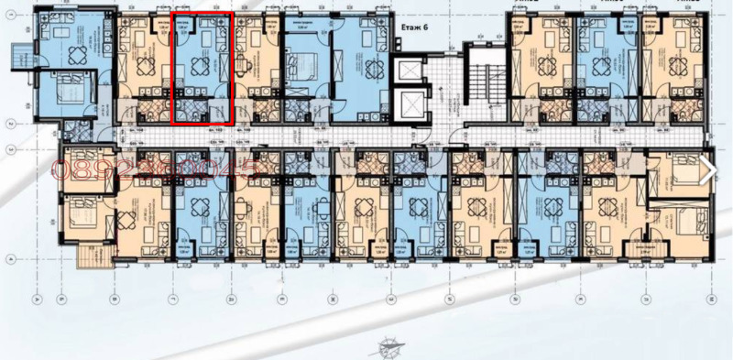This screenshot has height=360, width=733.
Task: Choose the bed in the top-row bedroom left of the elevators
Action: point(305,65)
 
